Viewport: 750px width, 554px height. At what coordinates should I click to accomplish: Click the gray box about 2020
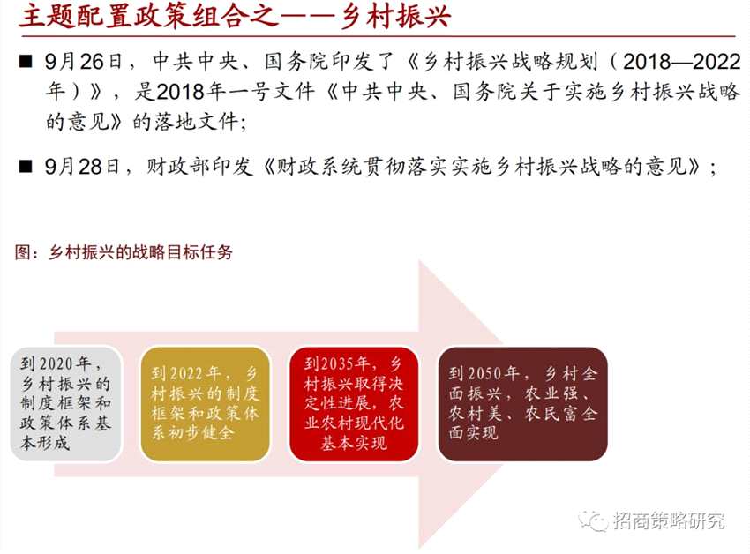point(66,404)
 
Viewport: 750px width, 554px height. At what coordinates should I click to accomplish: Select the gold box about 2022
point(206,404)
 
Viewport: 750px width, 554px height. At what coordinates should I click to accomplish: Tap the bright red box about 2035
point(354,404)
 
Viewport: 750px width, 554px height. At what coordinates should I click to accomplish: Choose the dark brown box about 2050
point(523,404)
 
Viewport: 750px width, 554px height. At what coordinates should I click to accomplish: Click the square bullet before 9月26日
point(26,62)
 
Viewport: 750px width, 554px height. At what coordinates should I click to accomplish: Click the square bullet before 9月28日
point(26,167)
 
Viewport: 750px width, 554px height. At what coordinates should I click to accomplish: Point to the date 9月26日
point(83,62)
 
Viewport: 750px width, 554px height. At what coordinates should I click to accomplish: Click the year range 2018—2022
point(681,62)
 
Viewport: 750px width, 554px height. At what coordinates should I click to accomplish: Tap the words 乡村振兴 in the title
point(396,16)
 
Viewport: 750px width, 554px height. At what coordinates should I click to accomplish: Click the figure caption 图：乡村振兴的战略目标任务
point(124,252)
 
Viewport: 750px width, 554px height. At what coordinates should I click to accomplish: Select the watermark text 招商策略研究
point(668,520)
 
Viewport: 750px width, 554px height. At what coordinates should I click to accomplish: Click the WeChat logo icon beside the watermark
point(593,520)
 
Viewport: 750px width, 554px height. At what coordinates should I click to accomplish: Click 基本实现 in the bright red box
point(354,443)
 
